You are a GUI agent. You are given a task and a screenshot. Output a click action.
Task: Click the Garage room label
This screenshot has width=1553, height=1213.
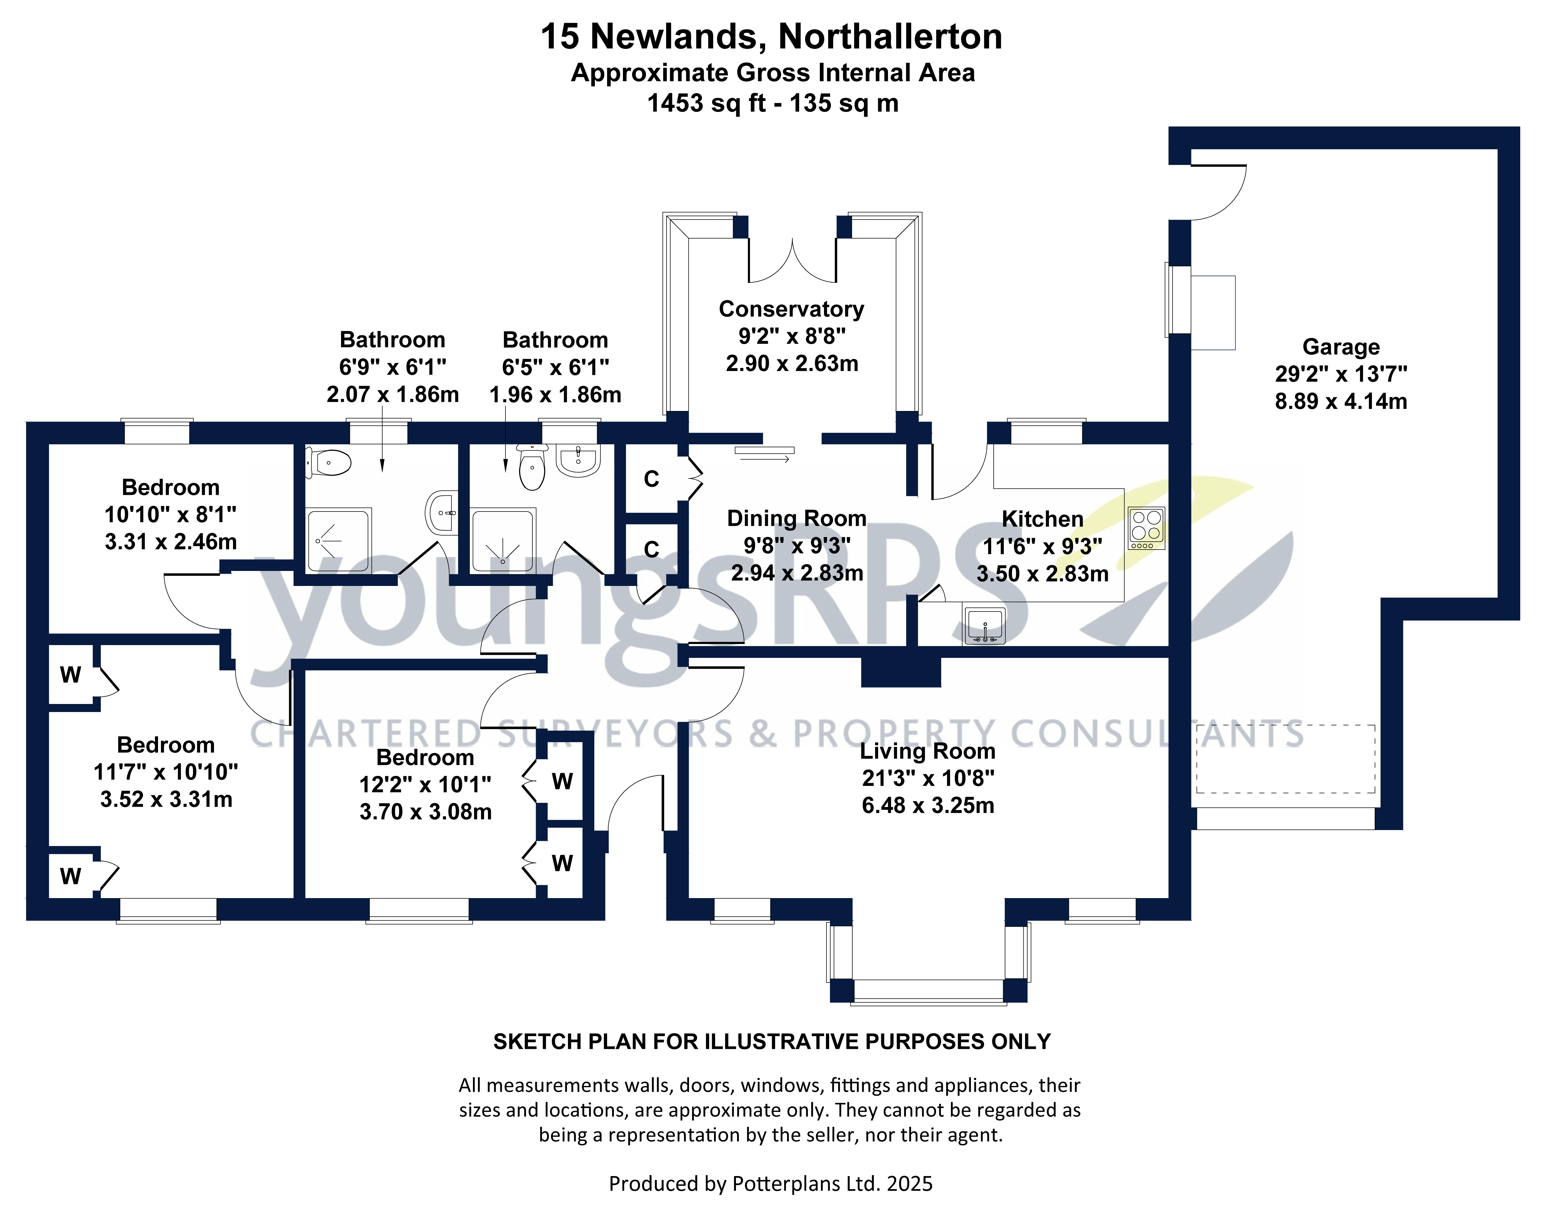coord(1340,347)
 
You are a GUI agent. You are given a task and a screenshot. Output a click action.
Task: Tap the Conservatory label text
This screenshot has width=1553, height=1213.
coord(791,309)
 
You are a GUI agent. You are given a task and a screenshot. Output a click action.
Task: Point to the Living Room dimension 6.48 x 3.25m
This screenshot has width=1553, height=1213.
coord(928,806)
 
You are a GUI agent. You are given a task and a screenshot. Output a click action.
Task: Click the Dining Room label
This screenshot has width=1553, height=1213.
coord(796,518)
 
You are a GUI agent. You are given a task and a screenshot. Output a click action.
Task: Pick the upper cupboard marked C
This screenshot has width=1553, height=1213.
coord(651,479)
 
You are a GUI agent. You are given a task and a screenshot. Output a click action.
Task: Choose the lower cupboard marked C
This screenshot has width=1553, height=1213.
coord(651,550)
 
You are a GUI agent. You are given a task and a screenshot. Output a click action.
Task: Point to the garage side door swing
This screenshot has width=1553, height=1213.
coord(1218,192)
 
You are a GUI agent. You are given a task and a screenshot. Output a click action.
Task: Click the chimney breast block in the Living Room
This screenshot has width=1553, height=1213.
coord(901,672)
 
